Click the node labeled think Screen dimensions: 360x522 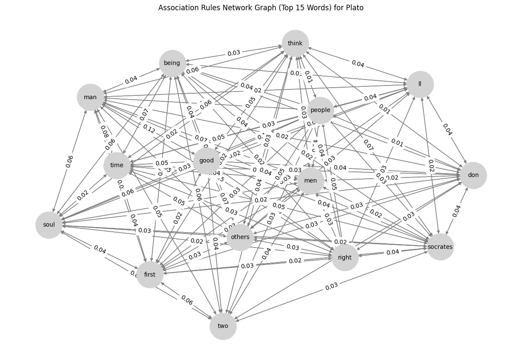[x=295, y=43]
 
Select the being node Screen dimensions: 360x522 [x=172, y=63]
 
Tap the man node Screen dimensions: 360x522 [x=90, y=97]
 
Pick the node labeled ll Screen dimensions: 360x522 [x=420, y=84]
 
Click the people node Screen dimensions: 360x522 [x=320, y=110]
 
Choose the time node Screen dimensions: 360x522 [x=116, y=165]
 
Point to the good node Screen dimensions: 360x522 [x=207, y=161]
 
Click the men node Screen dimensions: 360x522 [x=311, y=180]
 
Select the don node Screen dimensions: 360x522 [x=473, y=175]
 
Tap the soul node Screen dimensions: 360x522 [x=49, y=225]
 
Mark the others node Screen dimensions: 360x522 [x=240, y=237]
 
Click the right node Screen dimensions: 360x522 [x=344, y=257]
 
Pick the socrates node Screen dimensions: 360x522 [x=440, y=247]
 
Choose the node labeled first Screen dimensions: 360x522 [x=150, y=274]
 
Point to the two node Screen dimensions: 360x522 [x=223, y=326]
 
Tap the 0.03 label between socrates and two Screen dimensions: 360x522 [x=331, y=286]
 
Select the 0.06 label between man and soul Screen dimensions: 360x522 [x=69, y=161]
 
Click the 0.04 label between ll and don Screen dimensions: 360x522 [x=447, y=129]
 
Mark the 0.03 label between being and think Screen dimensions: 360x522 [x=234, y=53]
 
